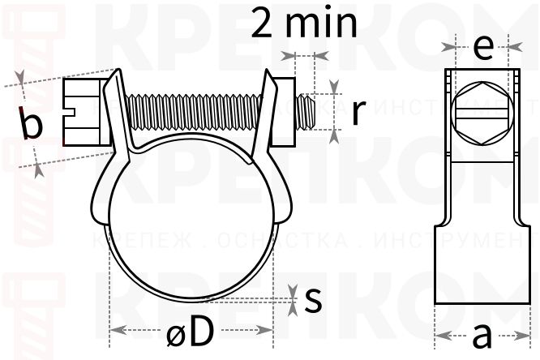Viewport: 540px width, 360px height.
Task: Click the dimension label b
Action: point(32,125)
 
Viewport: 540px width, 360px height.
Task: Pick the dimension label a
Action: point(482,334)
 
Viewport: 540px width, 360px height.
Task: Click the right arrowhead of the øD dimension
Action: point(267,330)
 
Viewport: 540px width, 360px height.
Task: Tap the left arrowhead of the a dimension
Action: point(440,334)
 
